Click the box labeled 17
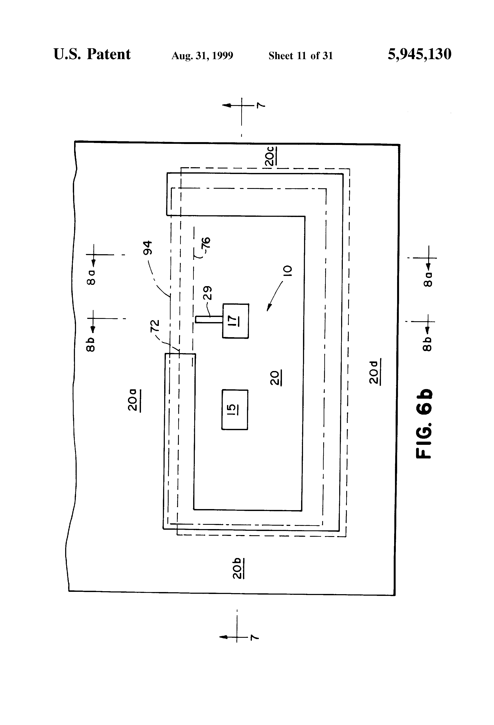[x=236, y=321]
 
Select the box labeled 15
[x=234, y=409]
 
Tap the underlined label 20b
[x=238, y=568]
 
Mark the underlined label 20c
[x=270, y=156]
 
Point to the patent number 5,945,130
[x=419, y=54]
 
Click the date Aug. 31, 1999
[x=202, y=56]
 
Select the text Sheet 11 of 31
[x=300, y=56]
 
